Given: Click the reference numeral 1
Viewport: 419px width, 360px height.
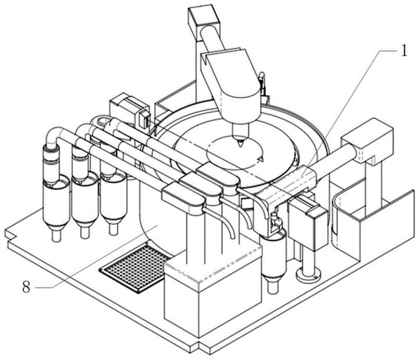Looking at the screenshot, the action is coord(404,50).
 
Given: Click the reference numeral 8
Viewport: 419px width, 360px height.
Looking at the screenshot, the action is coord(26,287).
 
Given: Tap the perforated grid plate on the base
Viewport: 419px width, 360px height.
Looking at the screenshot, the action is coord(136,268).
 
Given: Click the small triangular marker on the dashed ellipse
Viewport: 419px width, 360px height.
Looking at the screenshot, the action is coord(261,160).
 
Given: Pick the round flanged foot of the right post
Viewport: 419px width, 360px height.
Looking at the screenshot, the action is coord(308,276).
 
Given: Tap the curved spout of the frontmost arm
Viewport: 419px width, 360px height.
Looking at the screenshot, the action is coord(221,221).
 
